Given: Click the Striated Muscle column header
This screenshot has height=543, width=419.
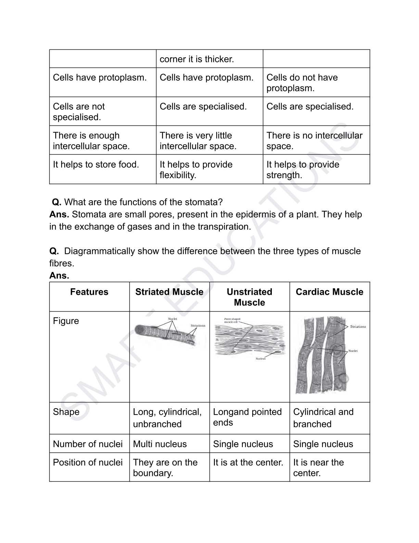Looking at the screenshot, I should coord(169,292).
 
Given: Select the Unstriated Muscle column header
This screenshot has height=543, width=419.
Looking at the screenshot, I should coord(249,297).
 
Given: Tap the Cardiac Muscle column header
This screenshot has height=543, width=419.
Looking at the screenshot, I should coord(329,292).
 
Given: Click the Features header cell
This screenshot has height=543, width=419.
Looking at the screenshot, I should coord(89,292).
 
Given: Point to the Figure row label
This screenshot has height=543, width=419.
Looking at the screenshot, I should coord(66,321).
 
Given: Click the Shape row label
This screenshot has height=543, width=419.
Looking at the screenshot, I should coord(66,412).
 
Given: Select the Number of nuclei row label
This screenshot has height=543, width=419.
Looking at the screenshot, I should coord(88,444).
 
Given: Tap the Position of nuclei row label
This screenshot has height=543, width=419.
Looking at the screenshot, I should coord(88,462).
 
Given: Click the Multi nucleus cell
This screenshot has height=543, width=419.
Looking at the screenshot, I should coord(160,444).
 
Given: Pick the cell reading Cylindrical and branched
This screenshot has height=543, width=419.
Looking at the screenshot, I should coord(323,418).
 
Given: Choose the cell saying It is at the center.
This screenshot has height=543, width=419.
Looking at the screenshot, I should coord(248,462).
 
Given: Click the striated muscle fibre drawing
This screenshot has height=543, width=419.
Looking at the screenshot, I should coord(164,335).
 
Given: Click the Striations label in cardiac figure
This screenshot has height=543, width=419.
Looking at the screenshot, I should coord(358,327).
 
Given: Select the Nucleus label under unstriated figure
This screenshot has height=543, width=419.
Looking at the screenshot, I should coord(261,359).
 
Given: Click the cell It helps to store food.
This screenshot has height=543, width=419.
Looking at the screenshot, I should coord(96,165).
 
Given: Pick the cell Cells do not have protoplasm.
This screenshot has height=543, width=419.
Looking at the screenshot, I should coord(302,83).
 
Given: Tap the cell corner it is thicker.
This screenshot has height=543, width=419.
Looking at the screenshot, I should coord(197,59).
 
